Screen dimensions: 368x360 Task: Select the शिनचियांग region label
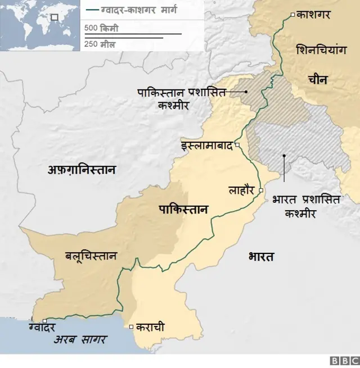tap(319, 50)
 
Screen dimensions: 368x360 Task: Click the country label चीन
tap(318, 80)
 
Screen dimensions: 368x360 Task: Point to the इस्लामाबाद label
tap(206, 146)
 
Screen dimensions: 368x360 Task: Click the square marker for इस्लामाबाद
tap(238, 146)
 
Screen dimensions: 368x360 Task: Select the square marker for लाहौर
tap(261, 191)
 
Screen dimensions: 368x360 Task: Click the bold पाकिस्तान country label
tap(183, 210)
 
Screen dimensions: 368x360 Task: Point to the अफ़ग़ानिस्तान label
tap(82, 169)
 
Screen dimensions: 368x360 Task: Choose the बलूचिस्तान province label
tap(91, 256)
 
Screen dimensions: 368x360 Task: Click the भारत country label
tap(261, 257)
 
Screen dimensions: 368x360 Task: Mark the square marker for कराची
tap(131, 326)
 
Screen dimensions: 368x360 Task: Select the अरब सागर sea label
tap(80, 339)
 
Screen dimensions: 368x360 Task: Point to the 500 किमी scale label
tap(101, 28)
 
